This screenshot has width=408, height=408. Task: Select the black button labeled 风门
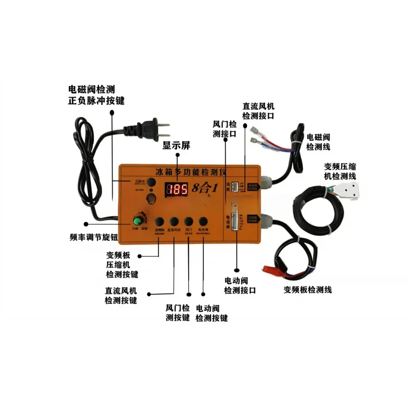tap(189, 221)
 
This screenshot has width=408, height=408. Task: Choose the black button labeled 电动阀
tap(203, 221)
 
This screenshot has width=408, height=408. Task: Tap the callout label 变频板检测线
tap(308, 290)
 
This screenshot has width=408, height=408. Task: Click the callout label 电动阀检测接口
tap(240, 286)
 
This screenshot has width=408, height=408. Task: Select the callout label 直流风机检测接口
tap(259, 111)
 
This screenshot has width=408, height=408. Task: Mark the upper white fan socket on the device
tap(234, 186)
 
